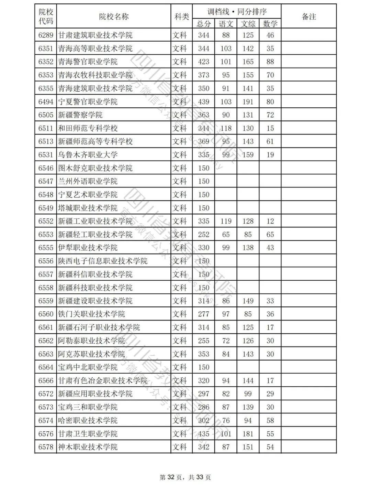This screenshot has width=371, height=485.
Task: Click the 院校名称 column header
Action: pos(114,17)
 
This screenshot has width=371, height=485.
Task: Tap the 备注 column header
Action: pos(308,17)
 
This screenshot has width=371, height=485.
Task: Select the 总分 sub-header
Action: pos(203,24)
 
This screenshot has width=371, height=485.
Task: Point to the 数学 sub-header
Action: pos(270,24)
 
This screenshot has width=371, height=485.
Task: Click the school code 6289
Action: pos(46,35)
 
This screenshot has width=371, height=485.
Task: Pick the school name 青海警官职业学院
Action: pos(88,62)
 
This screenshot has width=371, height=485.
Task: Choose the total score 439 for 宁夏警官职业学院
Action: pos(203,102)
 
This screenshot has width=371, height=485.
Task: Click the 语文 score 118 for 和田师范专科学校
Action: pos(226,128)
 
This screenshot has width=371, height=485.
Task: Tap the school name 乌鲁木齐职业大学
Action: pos(88,155)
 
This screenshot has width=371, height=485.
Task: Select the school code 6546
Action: pos(46,168)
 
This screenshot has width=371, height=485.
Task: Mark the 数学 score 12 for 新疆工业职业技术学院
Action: pos(270,221)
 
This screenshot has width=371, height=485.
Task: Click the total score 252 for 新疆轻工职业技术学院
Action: pos(203,235)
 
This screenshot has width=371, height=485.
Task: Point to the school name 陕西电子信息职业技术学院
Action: pos(102,261)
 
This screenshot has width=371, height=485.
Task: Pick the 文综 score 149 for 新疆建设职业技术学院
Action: pos(248,301)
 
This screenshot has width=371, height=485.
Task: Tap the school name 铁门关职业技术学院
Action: pos(91,314)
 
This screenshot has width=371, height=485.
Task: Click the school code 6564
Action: pos(46,367)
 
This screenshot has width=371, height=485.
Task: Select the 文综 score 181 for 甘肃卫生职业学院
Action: pos(248,434)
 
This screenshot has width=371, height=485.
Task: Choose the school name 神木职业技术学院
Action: pos(88,447)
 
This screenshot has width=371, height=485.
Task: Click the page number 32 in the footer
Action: pos(171,477)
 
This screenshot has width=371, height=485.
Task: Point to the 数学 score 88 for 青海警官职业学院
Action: pos(270,62)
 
